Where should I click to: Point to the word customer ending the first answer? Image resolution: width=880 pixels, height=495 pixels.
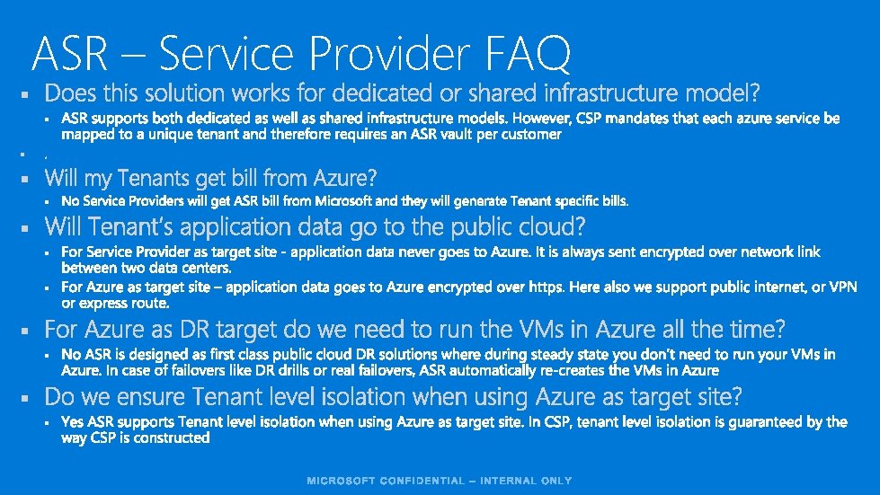coord(531,135)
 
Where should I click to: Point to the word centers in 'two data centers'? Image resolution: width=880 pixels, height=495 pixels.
coord(205,268)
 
